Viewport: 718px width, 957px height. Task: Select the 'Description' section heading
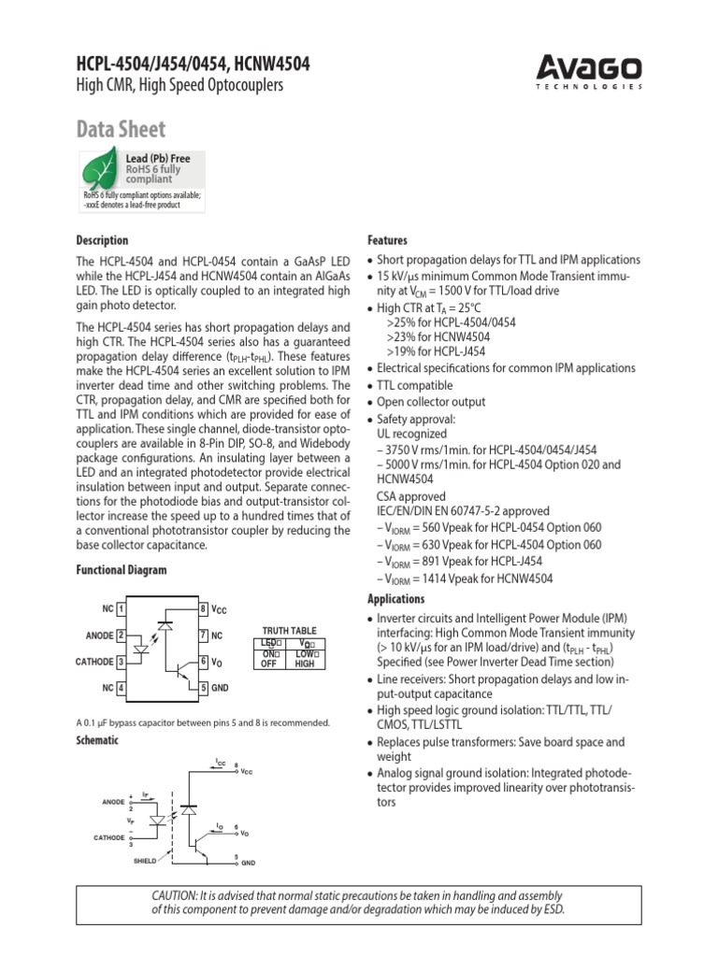click(x=103, y=240)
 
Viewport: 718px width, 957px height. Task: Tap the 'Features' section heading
click(x=387, y=240)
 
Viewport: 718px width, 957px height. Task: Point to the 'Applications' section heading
click(x=395, y=599)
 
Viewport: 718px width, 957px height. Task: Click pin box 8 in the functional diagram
click(x=203, y=609)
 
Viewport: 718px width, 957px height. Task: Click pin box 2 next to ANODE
click(x=122, y=636)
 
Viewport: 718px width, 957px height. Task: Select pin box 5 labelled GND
click(x=203, y=688)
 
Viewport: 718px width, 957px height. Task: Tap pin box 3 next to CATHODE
click(x=122, y=662)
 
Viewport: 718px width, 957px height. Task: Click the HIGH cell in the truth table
click(x=305, y=664)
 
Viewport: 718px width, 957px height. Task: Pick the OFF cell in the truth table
click(x=268, y=664)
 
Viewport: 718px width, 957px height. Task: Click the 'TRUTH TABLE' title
click(x=289, y=631)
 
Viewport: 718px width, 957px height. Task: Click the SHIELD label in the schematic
click(x=145, y=861)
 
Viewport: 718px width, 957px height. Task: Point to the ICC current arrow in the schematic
click(x=220, y=766)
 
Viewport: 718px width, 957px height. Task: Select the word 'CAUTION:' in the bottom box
click(x=179, y=894)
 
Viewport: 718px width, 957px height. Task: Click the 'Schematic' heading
click(x=97, y=739)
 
